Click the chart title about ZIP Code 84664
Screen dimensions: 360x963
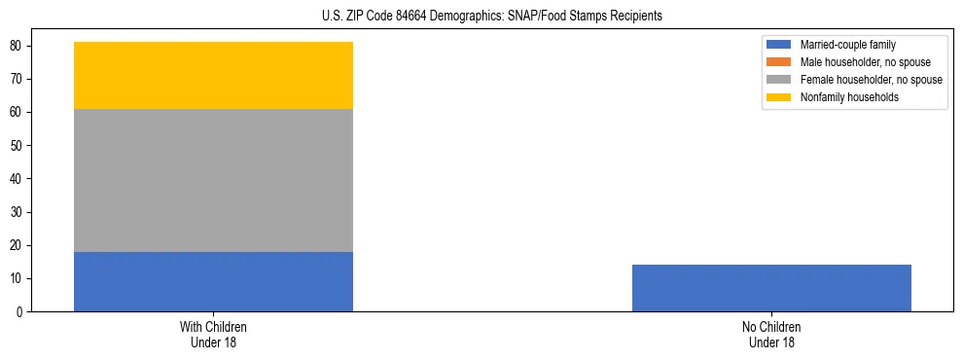(x=491, y=16)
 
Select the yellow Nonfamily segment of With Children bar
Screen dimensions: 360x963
(x=213, y=75)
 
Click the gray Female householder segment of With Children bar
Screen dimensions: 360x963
(x=213, y=180)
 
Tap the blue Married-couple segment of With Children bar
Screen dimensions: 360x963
(x=213, y=281)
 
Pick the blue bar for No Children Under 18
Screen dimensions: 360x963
(x=771, y=288)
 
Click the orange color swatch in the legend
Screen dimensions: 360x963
(x=780, y=62)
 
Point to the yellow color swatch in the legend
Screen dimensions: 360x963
(x=780, y=97)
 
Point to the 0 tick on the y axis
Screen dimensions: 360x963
(x=18, y=312)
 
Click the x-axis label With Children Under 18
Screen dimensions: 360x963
(x=213, y=335)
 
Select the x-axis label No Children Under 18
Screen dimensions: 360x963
(x=771, y=335)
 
